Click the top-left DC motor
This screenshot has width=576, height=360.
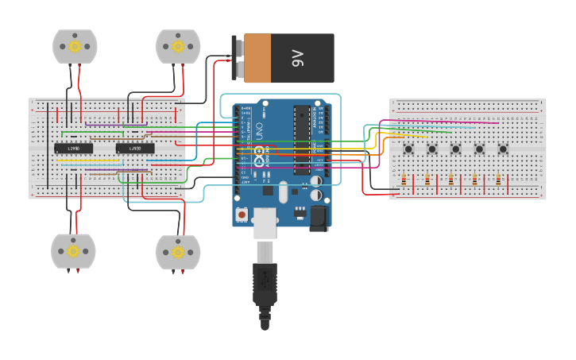(75, 46)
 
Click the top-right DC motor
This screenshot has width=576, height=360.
(178, 46)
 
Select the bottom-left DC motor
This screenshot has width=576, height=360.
(73, 251)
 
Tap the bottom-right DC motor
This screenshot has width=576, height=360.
(177, 252)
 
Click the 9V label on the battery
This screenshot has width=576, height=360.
(298, 58)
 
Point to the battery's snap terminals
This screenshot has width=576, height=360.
(237, 58)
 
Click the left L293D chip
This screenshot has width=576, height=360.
(73, 149)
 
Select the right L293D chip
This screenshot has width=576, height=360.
(135, 149)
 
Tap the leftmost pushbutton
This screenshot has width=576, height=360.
(408, 149)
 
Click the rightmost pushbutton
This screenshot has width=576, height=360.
(503, 149)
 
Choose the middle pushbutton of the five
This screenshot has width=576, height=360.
(456, 149)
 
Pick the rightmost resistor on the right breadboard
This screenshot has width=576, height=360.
(498, 180)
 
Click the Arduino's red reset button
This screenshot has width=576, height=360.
(242, 214)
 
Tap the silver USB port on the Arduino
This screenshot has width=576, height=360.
(265, 222)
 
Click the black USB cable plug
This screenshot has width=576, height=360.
(265, 286)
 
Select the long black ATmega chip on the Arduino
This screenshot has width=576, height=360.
(302, 140)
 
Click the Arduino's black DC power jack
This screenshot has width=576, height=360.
(319, 218)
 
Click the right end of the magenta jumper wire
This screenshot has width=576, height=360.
(498, 123)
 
